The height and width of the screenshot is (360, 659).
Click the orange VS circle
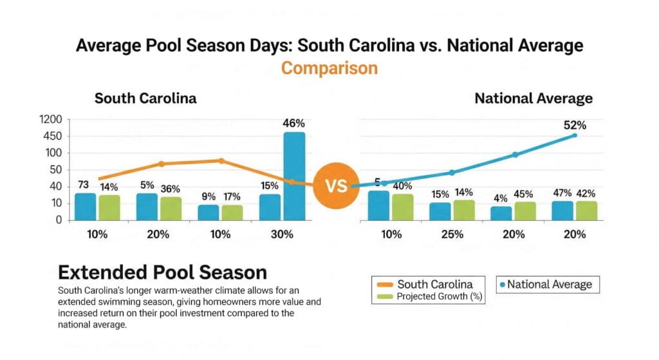tap(336, 186)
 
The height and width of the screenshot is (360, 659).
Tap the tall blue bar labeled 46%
tap(294, 175)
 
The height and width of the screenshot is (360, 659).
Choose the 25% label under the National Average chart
tap(452, 234)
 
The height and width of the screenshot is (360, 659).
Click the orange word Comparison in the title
tap(329, 68)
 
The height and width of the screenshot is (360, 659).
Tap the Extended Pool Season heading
tap(162, 272)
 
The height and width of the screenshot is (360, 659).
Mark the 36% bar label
tap(170, 189)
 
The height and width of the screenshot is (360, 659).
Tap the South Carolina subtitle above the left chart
tap(145, 99)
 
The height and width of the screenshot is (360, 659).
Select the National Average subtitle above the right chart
tap(534, 99)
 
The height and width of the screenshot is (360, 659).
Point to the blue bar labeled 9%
tap(208, 212)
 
